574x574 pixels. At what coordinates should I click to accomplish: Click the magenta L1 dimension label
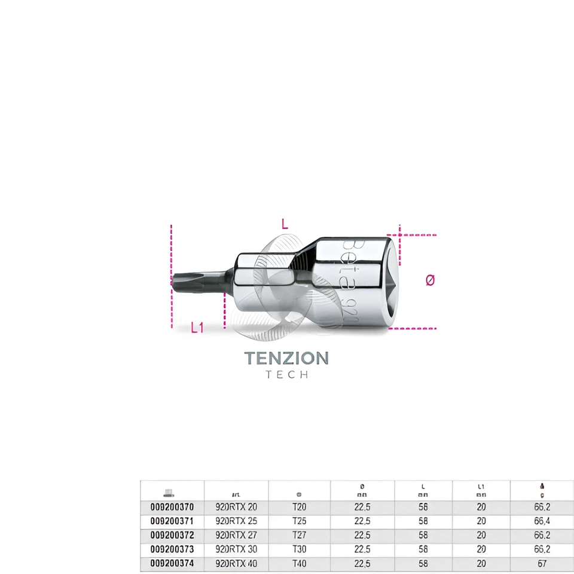pos(197,328)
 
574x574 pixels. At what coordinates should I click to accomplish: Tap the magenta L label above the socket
pos(285,225)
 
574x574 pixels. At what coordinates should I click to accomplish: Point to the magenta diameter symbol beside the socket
pos(430,280)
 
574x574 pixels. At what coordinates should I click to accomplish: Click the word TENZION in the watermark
pos(286,358)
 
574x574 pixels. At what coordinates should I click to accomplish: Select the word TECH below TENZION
pos(287,375)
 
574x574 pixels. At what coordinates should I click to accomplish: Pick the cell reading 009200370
pos(172,507)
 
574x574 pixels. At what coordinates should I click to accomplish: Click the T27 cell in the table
pos(299,535)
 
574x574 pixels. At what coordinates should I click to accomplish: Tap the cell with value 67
pos(542,563)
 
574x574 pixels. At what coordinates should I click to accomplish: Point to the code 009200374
pos(172,563)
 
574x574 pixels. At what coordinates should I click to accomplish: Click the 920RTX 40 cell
pos(236,563)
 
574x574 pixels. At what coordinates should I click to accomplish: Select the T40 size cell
pos(299,563)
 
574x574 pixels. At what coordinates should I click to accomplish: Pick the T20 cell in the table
pos(299,507)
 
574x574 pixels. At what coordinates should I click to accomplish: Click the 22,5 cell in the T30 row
pos(362,549)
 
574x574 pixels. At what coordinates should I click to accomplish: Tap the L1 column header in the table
pos(481,490)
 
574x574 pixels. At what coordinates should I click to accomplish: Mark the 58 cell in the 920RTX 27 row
pos(423,535)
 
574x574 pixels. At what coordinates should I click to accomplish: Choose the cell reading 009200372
pos(172,535)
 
